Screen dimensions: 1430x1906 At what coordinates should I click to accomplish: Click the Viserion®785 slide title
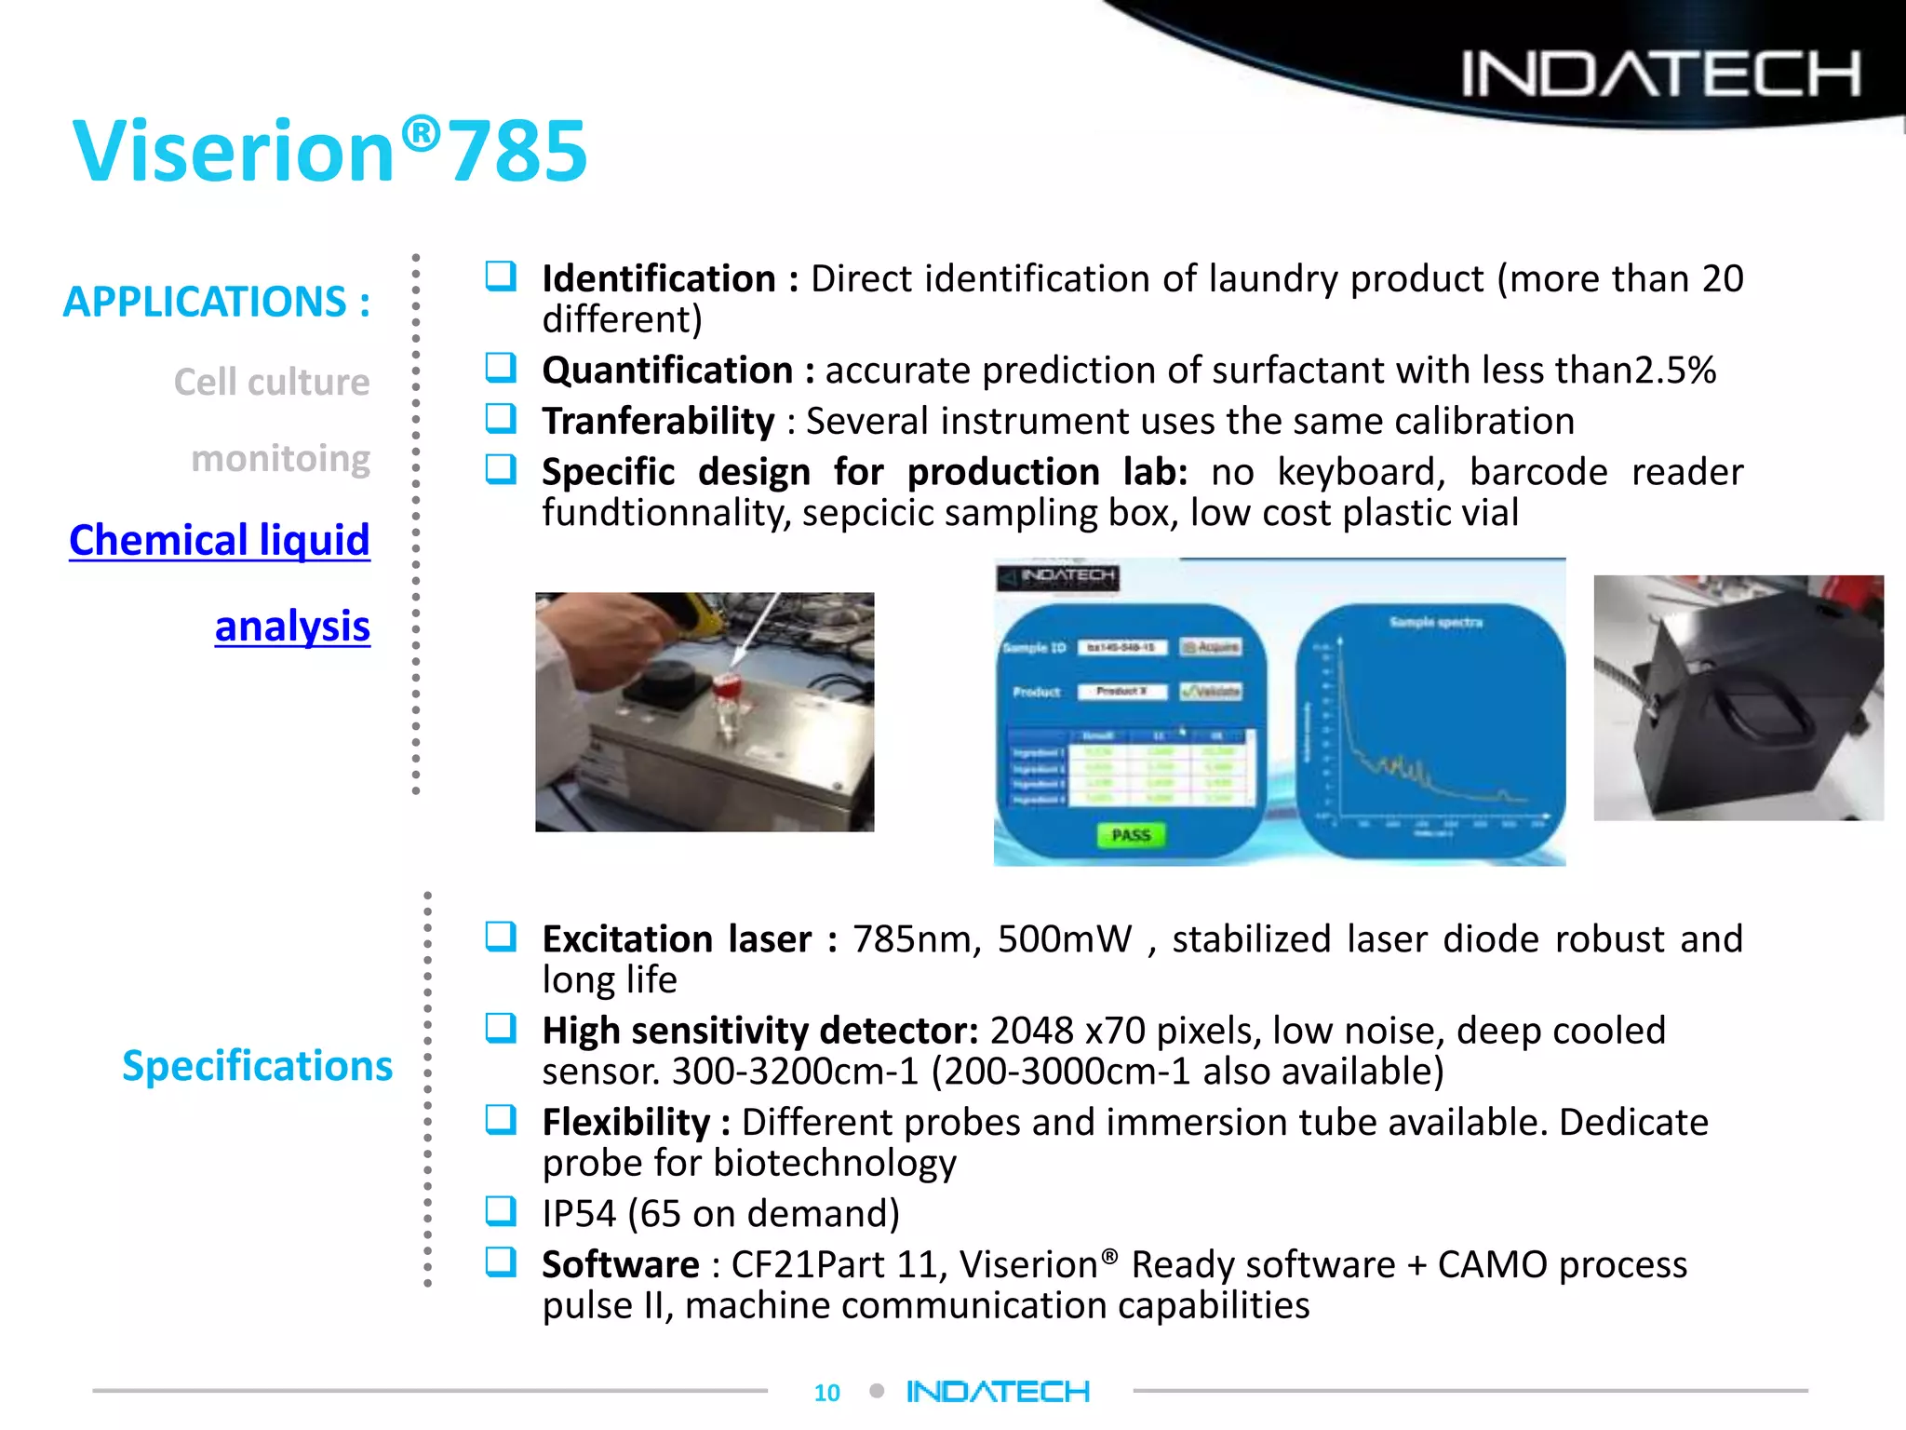coord(330,151)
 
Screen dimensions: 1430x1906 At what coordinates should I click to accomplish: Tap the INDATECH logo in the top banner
coord(1660,74)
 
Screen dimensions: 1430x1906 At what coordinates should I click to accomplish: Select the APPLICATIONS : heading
coord(216,302)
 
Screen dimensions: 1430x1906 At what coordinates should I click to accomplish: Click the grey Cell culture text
coord(272,382)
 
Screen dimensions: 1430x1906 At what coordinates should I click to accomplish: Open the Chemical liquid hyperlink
coord(220,540)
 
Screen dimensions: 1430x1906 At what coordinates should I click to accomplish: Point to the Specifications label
coord(257,1065)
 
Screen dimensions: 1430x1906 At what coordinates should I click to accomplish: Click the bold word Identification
coord(659,278)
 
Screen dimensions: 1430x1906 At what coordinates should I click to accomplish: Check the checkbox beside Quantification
coord(501,369)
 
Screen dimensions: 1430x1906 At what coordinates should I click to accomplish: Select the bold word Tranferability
coord(658,421)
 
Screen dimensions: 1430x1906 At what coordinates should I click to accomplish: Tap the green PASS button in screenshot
coord(1131,835)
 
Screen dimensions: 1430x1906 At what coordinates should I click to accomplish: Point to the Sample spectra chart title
coord(1435,622)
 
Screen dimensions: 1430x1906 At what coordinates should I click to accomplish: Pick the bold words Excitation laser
coord(677,938)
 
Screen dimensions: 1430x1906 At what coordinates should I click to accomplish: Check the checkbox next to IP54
coord(501,1211)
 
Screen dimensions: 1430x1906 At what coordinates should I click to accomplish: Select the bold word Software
coord(621,1264)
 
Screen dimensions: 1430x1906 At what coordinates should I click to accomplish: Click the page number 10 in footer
coord(826,1392)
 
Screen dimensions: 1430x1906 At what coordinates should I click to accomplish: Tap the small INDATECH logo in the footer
coord(998,1391)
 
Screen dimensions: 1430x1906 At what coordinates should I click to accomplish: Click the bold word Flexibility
coord(626,1122)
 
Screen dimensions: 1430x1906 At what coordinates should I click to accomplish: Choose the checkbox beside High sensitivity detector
coord(501,1029)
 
